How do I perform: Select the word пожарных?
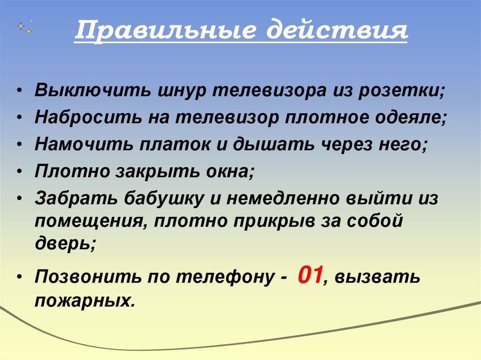tap(85, 300)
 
